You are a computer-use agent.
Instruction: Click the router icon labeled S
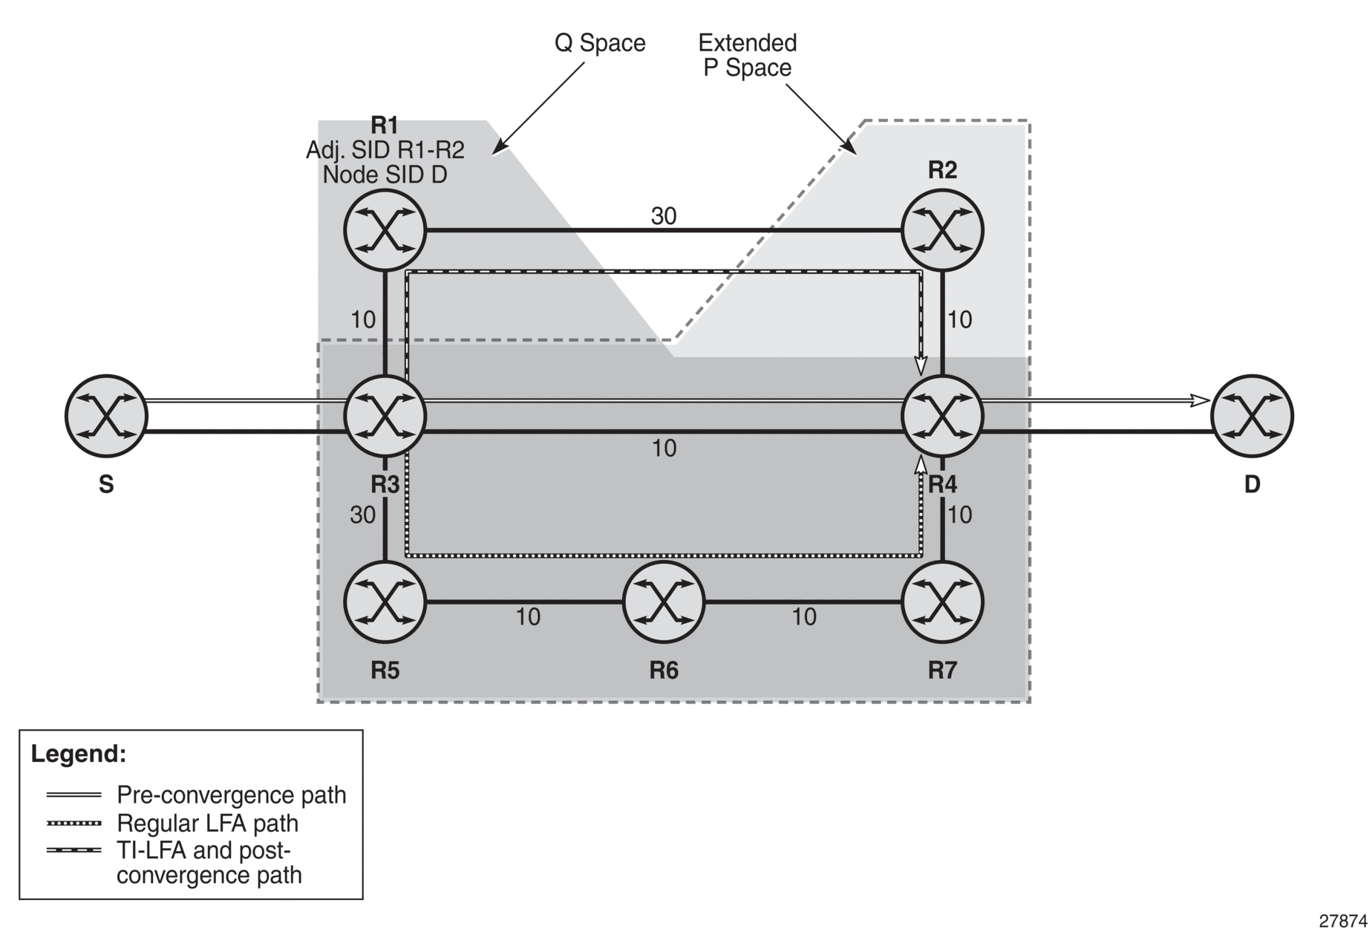(x=106, y=416)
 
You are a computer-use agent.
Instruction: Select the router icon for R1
(x=385, y=230)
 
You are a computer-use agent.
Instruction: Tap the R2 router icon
(x=942, y=230)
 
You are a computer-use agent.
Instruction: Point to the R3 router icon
(x=385, y=416)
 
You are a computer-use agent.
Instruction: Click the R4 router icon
(x=942, y=416)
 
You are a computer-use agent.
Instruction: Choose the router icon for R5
(x=385, y=602)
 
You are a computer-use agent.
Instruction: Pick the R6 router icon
(x=664, y=602)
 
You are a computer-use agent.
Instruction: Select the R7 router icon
(x=942, y=602)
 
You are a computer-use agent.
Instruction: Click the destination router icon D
(x=1252, y=416)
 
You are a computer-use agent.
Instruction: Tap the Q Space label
(x=600, y=43)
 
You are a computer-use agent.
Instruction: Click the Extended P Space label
(x=748, y=55)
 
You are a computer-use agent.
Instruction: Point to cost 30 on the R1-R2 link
(x=664, y=215)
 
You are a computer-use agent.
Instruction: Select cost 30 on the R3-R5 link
(x=363, y=515)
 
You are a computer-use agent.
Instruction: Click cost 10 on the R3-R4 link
(x=664, y=448)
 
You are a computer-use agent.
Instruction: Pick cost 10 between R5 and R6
(x=528, y=616)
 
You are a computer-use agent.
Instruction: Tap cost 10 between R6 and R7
(x=804, y=616)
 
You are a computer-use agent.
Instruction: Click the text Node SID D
(x=385, y=175)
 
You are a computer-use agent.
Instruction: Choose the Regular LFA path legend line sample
(x=73, y=823)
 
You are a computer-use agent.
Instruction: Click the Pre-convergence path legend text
(x=232, y=795)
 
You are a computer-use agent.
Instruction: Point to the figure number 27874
(x=1343, y=921)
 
